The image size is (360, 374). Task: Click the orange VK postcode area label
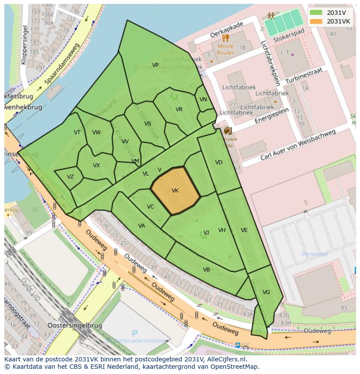coord(175,191)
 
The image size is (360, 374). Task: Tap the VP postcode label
coord(155,65)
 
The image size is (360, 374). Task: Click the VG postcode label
coord(267,292)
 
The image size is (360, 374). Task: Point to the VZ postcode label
coord(70,177)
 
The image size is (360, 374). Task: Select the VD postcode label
coord(219,162)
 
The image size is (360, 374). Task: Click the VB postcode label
coord(207,270)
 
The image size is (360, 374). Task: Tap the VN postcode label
coord(203,99)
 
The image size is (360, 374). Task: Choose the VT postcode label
coord(77,132)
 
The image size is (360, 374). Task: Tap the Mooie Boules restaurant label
coord(225,50)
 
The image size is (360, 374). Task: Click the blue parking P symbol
coord(135,334)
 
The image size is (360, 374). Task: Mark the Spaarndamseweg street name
coord(62,63)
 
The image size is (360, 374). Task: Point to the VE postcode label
coord(244,230)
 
